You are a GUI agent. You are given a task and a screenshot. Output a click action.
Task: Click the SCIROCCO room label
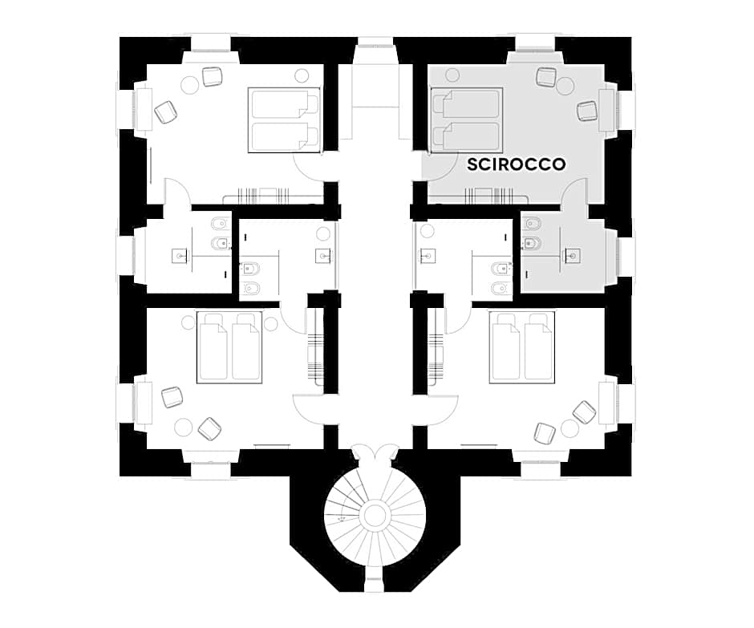[516, 164]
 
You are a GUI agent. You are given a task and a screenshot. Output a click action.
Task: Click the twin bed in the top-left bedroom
[284, 120]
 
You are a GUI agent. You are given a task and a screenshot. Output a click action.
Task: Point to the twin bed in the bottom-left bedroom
[229, 347]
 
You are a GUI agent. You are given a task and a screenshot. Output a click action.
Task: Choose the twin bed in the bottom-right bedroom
[522, 347]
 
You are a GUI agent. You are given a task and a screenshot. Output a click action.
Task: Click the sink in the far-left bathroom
[180, 255]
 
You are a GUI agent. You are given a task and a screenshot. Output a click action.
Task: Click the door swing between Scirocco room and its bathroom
[574, 192]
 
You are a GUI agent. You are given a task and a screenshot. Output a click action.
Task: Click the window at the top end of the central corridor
[375, 47]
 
